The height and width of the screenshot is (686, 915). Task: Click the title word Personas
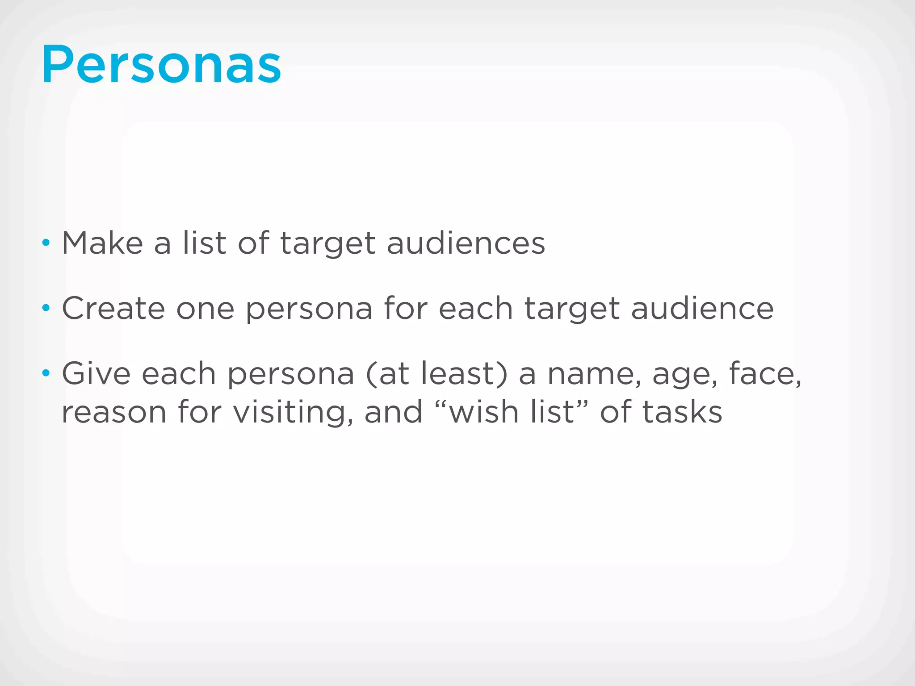161,65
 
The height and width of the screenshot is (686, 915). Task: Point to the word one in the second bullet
206,309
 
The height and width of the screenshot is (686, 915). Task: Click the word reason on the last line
114,412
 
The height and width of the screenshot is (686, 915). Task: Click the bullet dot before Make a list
46,243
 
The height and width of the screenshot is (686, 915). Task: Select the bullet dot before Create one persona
46,308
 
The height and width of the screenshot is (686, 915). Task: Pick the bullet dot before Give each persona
46,373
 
